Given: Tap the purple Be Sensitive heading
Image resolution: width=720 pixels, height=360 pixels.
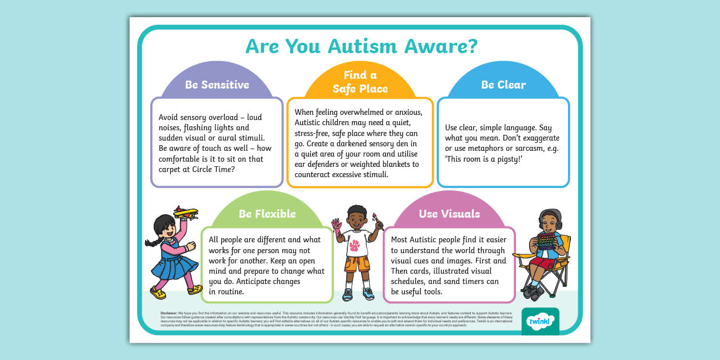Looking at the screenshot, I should pos(217,85).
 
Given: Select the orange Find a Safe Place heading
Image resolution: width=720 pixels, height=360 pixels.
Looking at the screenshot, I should pos(360,82).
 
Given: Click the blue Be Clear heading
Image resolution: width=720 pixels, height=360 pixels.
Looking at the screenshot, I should pos(503,85).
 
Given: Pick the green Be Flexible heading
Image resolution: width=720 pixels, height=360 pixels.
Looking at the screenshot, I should pos(267,214).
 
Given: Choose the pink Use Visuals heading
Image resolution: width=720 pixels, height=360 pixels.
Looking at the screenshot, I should pos(449,214).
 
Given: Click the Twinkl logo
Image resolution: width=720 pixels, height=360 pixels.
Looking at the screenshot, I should pos(540,321).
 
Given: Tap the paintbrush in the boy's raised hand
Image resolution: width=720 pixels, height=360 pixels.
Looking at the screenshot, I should pos(378,219).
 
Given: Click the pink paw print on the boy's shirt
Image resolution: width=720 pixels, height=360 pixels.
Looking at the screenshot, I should pos(355,245).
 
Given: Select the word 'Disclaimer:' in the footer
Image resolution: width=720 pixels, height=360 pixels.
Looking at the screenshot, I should pos(169,313).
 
